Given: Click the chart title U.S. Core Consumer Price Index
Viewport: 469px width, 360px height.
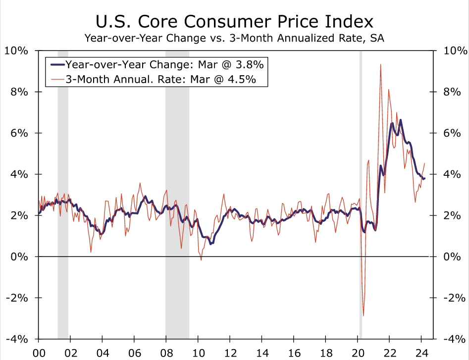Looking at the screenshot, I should coord(234,22).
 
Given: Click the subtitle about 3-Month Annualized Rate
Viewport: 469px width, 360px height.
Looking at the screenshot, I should coord(234,38).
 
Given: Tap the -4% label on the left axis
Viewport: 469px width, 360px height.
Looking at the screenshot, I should coord(18,339).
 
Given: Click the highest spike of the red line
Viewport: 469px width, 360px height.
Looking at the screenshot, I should coord(380,65).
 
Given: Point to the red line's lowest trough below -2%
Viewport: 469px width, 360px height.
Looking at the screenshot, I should coord(364,315).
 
